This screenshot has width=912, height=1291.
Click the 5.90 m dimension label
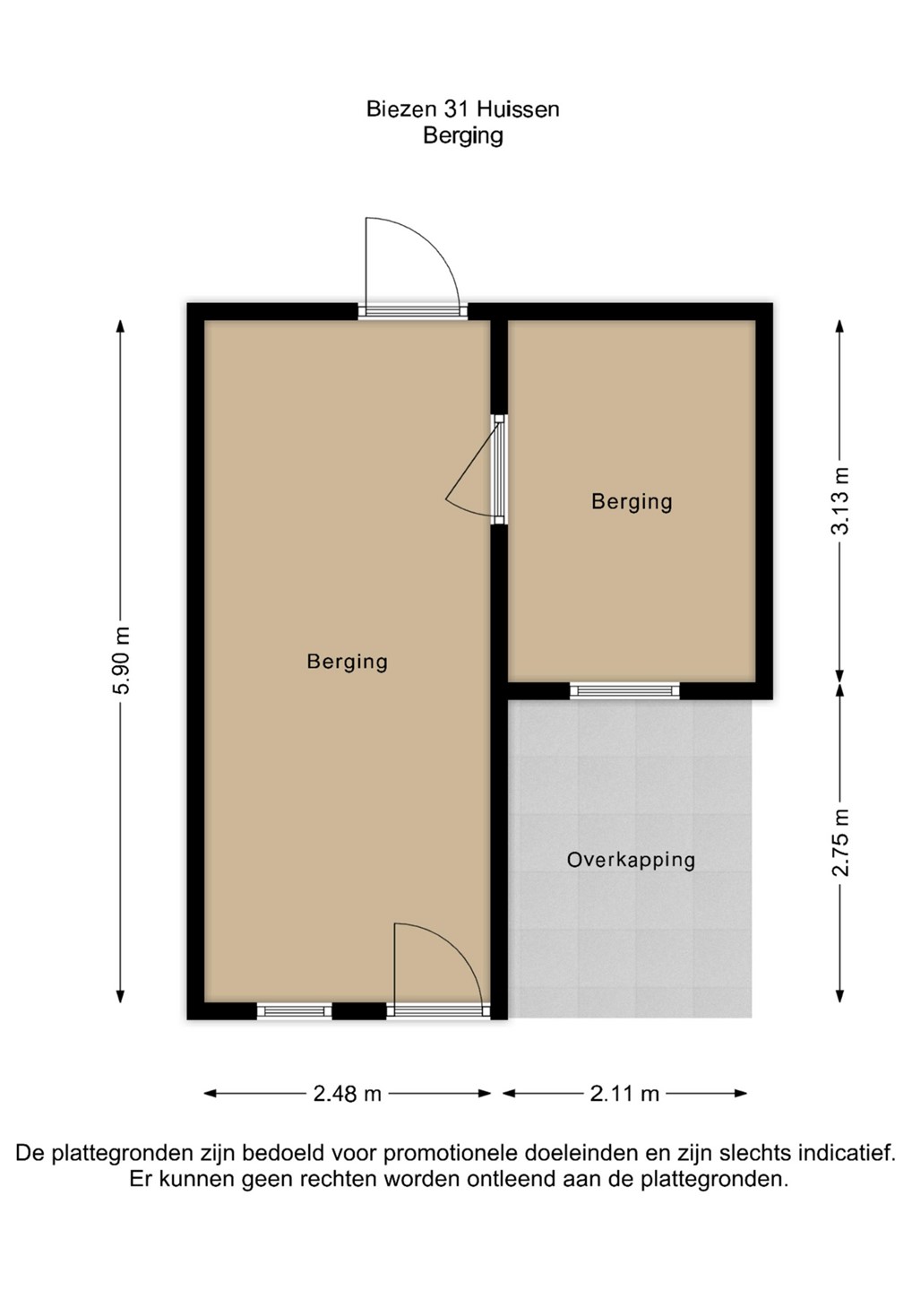pos(122,660)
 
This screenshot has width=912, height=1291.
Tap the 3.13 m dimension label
pos(840,501)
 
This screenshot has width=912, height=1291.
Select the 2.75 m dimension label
pos(840,843)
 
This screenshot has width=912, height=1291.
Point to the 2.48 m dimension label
pos(348,1094)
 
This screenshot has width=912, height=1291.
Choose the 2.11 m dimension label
pos(624,1094)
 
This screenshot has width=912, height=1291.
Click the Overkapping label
pos(631,861)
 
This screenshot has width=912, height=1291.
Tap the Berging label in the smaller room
pos(632,502)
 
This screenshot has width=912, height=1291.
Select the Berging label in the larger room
pos(348,662)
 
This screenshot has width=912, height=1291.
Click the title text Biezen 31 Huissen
pos(463,109)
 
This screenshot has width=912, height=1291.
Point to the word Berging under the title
pos(463,136)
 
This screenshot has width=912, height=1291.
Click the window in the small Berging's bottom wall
pos(624,690)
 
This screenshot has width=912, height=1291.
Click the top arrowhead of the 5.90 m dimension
pos(120,326)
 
